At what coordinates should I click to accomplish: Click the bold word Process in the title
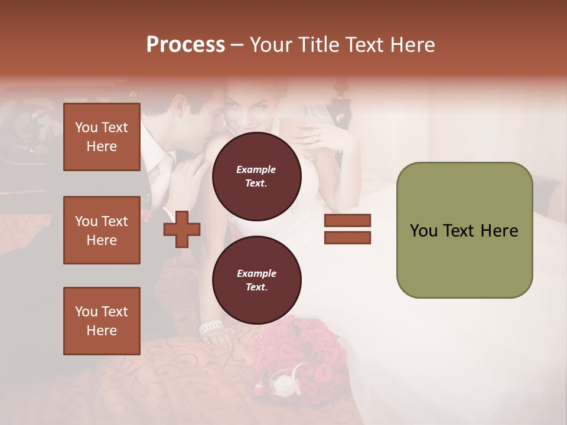coord(185,45)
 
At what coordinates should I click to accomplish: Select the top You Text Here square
coord(102,137)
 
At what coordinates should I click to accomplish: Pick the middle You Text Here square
coord(102,230)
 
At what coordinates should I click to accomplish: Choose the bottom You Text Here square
coord(102,321)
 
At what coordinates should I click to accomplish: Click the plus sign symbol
coord(181,230)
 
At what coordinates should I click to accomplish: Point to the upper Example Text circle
coord(256,176)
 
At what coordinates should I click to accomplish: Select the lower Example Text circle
coord(256,280)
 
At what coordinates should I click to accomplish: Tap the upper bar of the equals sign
coord(347,220)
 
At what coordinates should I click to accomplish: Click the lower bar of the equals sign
coord(347,237)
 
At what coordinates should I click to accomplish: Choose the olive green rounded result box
coord(464,230)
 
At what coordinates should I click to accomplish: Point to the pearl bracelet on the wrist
coord(211,327)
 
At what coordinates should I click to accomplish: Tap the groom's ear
coord(178,106)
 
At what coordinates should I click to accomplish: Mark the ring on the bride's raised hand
coord(318,137)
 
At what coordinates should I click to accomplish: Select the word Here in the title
coord(409,45)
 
